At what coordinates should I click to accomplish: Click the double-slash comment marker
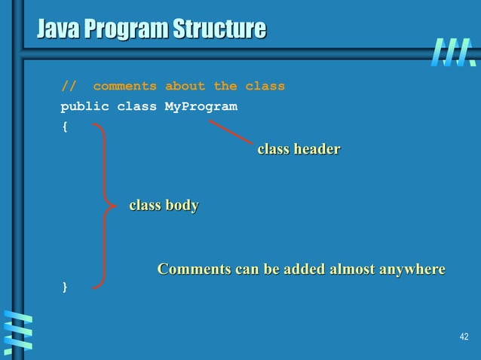tap(68, 86)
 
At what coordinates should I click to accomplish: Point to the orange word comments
tap(124, 86)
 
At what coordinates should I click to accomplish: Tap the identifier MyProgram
tap(201, 106)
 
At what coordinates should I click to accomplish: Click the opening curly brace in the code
tap(64, 127)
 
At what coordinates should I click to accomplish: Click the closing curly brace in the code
tap(64, 287)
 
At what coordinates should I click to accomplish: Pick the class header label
tap(299, 149)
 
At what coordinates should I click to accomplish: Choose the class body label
tap(164, 205)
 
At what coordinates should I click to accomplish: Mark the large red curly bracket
tap(103, 205)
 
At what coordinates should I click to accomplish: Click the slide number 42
tap(464, 336)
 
